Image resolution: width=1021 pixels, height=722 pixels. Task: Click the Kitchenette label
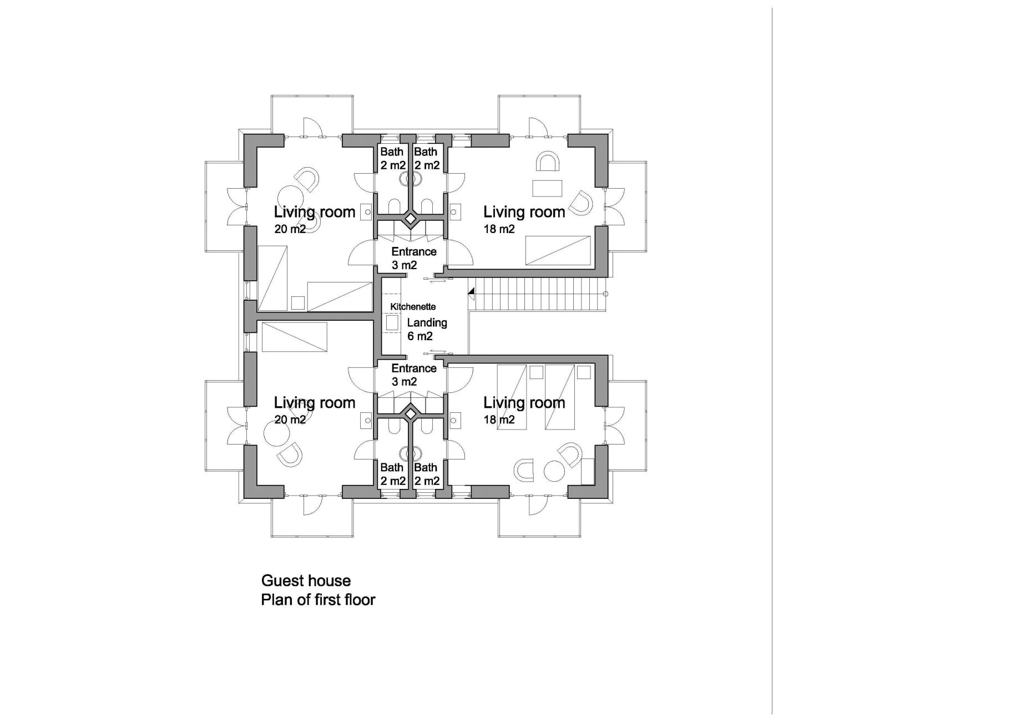[413, 306]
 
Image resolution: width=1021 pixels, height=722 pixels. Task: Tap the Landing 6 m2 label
[426, 329]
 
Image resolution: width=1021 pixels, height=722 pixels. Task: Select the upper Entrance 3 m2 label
[413, 258]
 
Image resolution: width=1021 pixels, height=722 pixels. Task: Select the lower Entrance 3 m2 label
[413, 375]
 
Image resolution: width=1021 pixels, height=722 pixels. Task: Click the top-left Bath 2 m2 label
[392, 158]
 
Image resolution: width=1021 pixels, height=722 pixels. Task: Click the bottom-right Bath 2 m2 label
[426, 474]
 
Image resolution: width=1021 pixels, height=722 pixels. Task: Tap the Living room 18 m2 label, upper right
[523, 219]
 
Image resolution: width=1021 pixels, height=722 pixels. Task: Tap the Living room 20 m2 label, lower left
[314, 410]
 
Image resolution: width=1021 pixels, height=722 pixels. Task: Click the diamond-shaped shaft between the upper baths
[410, 220]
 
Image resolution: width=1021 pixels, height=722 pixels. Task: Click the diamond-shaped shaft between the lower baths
[410, 413]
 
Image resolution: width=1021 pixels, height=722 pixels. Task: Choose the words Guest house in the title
[306, 580]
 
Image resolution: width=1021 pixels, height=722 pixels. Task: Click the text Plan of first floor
[318, 600]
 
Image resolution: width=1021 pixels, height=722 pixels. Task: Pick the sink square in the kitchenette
[392, 323]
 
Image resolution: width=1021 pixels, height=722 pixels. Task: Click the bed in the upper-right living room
[558, 250]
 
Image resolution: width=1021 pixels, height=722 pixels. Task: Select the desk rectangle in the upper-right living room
[547, 188]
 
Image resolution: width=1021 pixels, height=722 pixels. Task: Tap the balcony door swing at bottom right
[537, 504]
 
